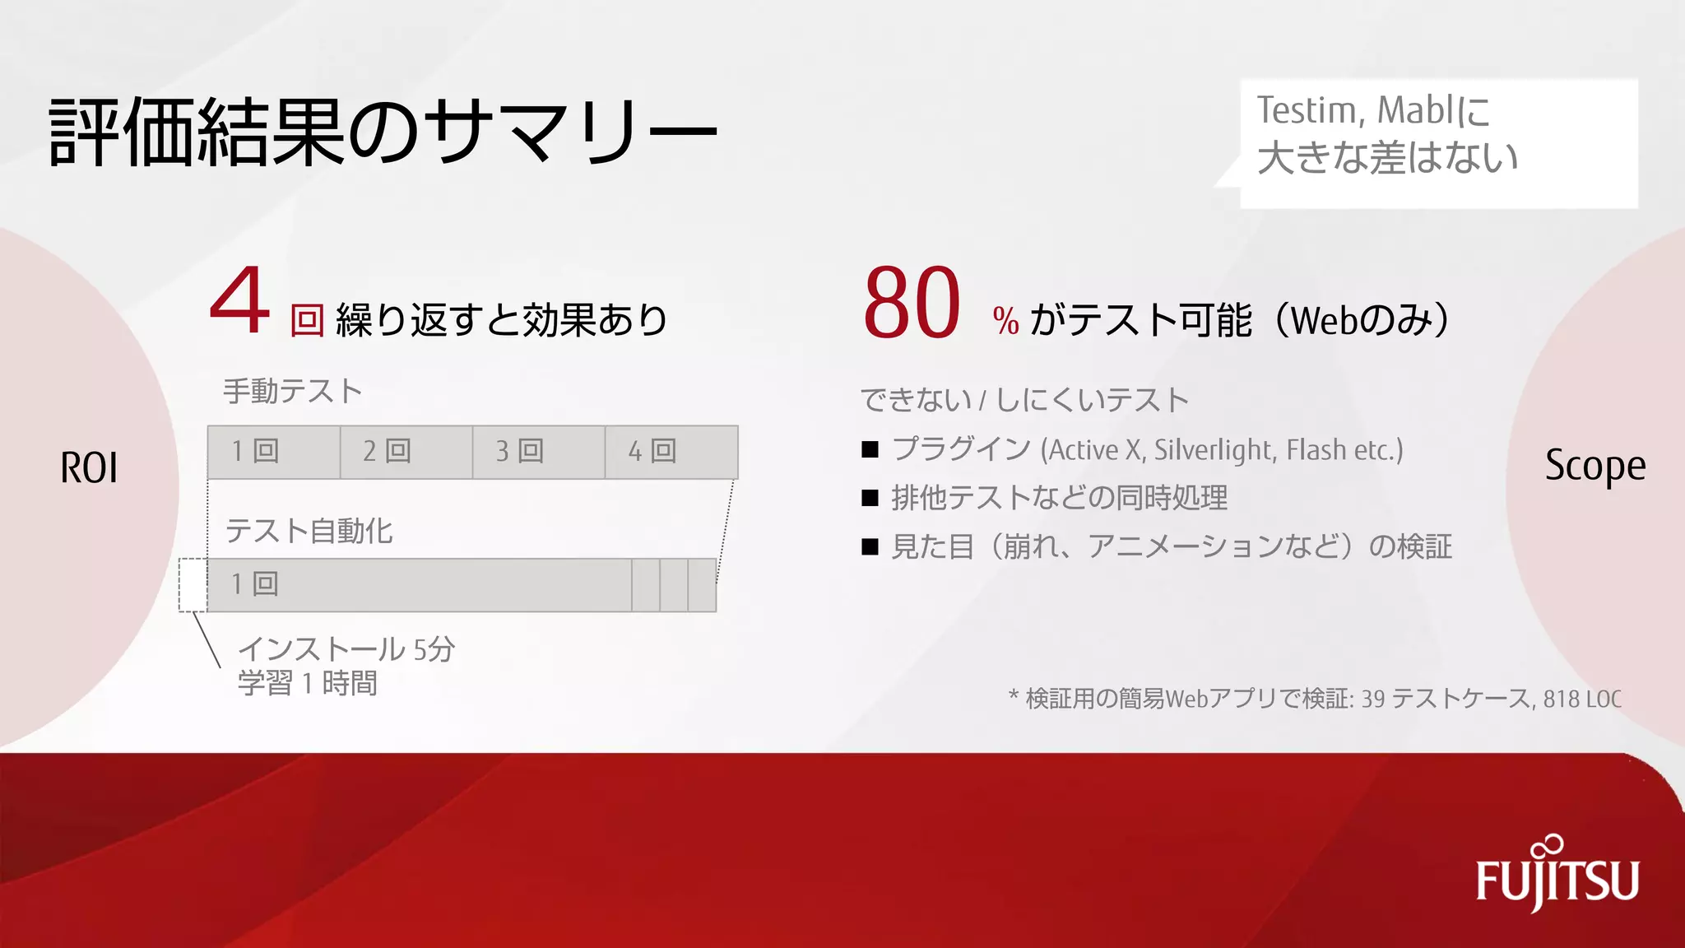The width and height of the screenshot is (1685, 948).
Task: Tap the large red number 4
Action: pyautogui.click(x=239, y=302)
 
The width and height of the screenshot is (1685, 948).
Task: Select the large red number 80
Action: pyautogui.click(x=912, y=303)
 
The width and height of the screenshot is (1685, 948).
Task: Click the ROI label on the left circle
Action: pyautogui.click(x=89, y=467)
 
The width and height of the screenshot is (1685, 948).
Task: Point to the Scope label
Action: pyautogui.click(x=1594, y=466)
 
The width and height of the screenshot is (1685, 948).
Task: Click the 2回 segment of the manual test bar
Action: pyautogui.click(x=406, y=452)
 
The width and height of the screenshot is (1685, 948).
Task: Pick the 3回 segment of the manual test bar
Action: pyautogui.click(x=539, y=452)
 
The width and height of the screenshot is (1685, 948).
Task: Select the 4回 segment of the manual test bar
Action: pyautogui.click(x=671, y=452)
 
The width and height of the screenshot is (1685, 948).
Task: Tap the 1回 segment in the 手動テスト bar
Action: pyautogui.click(x=274, y=452)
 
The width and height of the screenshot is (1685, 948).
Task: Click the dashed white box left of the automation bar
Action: pyautogui.click(x=193, y=585)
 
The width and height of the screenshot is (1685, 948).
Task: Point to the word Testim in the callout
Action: pyautogui.click(x=1305, y=110)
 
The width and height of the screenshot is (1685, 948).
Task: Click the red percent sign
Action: pyautogui.click(x=1005, y=321)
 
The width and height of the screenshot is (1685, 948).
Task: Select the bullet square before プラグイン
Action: pyautogui.click(x=870, y=450)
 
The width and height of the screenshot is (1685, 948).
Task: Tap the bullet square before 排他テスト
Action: pyautogui.click(x=870, y=499)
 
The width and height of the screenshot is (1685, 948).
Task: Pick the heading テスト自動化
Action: pyautogui.click(x=309, y=531)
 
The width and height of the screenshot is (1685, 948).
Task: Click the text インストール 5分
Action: pyautogui.click(x=346, y=649)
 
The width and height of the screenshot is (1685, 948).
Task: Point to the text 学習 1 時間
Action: pyautogui.click(x=308, y=684)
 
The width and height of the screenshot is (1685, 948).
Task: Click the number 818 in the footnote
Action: pyautogui.click(x=1560, y=699)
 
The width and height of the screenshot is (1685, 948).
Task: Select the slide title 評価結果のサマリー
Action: pyautogui.click(x=383, y=132)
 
